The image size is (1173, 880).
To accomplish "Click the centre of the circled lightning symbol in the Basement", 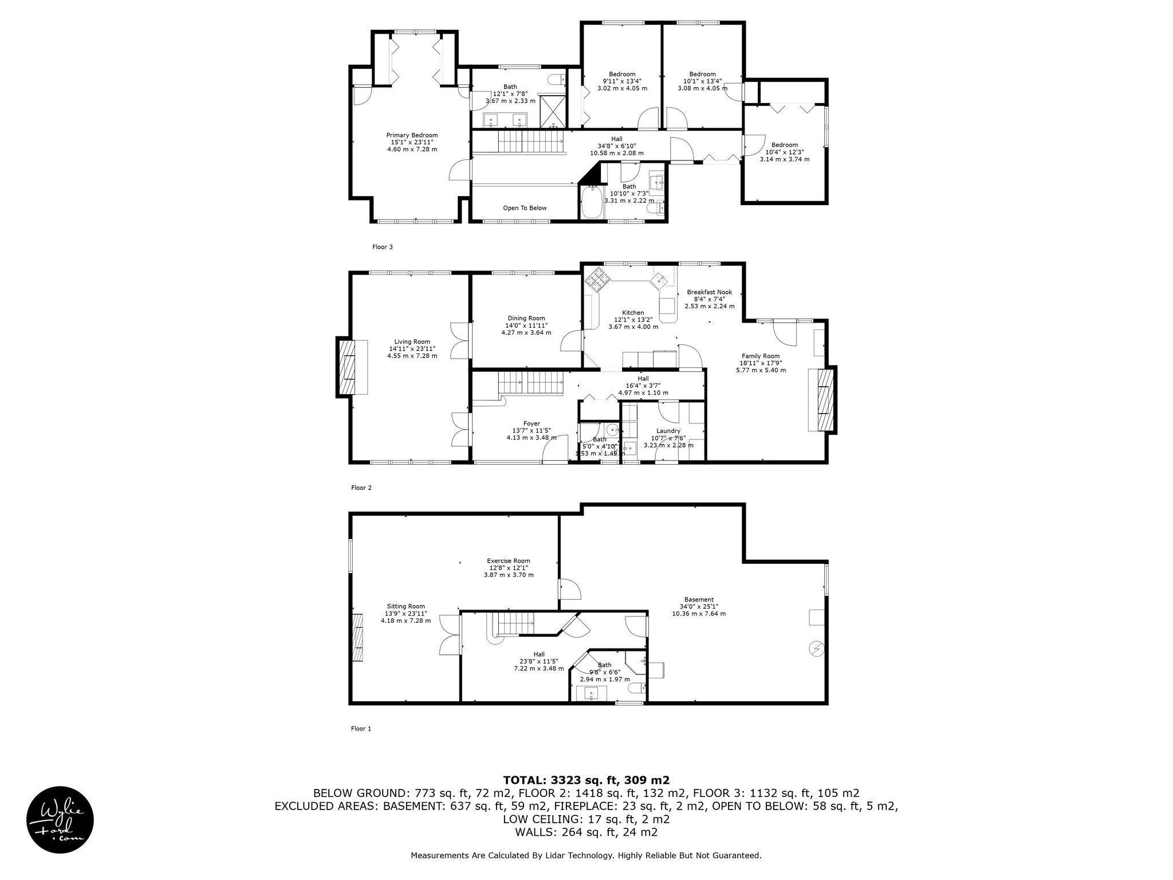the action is click(x=815, y=649).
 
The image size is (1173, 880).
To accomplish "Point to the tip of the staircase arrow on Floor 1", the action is click(x=534, y=623).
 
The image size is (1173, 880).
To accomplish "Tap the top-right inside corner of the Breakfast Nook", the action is click(x=742, y=265).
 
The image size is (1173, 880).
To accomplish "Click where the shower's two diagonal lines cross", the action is click(x=553, y=108).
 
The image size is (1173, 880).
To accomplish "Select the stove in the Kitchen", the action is click(x=596, y=280).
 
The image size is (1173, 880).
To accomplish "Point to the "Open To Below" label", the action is click(x=525, y=208).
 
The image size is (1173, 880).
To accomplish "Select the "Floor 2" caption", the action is click(x=361, y=488).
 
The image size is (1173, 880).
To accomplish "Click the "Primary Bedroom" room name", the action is click(x=412, y=135).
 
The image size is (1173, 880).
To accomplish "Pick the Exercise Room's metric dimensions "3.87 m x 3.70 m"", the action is click(x=509, y=575).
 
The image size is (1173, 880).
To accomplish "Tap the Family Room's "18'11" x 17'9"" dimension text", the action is click(x=761, y=363).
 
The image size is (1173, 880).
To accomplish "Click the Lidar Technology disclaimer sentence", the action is click(x=586, y=856).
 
